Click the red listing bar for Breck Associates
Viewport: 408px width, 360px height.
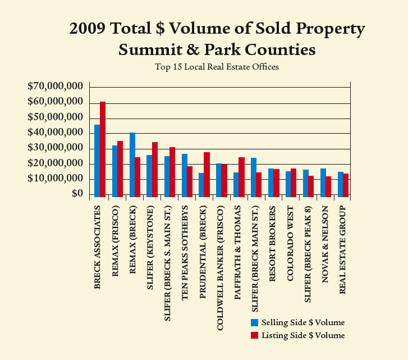[x=103, y=149]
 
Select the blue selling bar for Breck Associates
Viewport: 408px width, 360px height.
[x=97, y=161]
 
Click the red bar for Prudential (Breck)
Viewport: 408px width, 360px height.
[x=207, y=175]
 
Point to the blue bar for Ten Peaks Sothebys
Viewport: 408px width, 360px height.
[x=184, y=175]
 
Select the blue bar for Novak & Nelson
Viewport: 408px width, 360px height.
[x=323, y=183]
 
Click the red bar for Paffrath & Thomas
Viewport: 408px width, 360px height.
[x=241, y=177]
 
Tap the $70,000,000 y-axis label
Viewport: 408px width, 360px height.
[x=55, y=86]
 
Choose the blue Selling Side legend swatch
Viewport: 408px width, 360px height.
[x=255, y=322]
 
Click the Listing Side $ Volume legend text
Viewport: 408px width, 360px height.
[x=303, y=335]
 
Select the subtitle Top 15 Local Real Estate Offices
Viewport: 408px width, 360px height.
[x=217, y=67]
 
